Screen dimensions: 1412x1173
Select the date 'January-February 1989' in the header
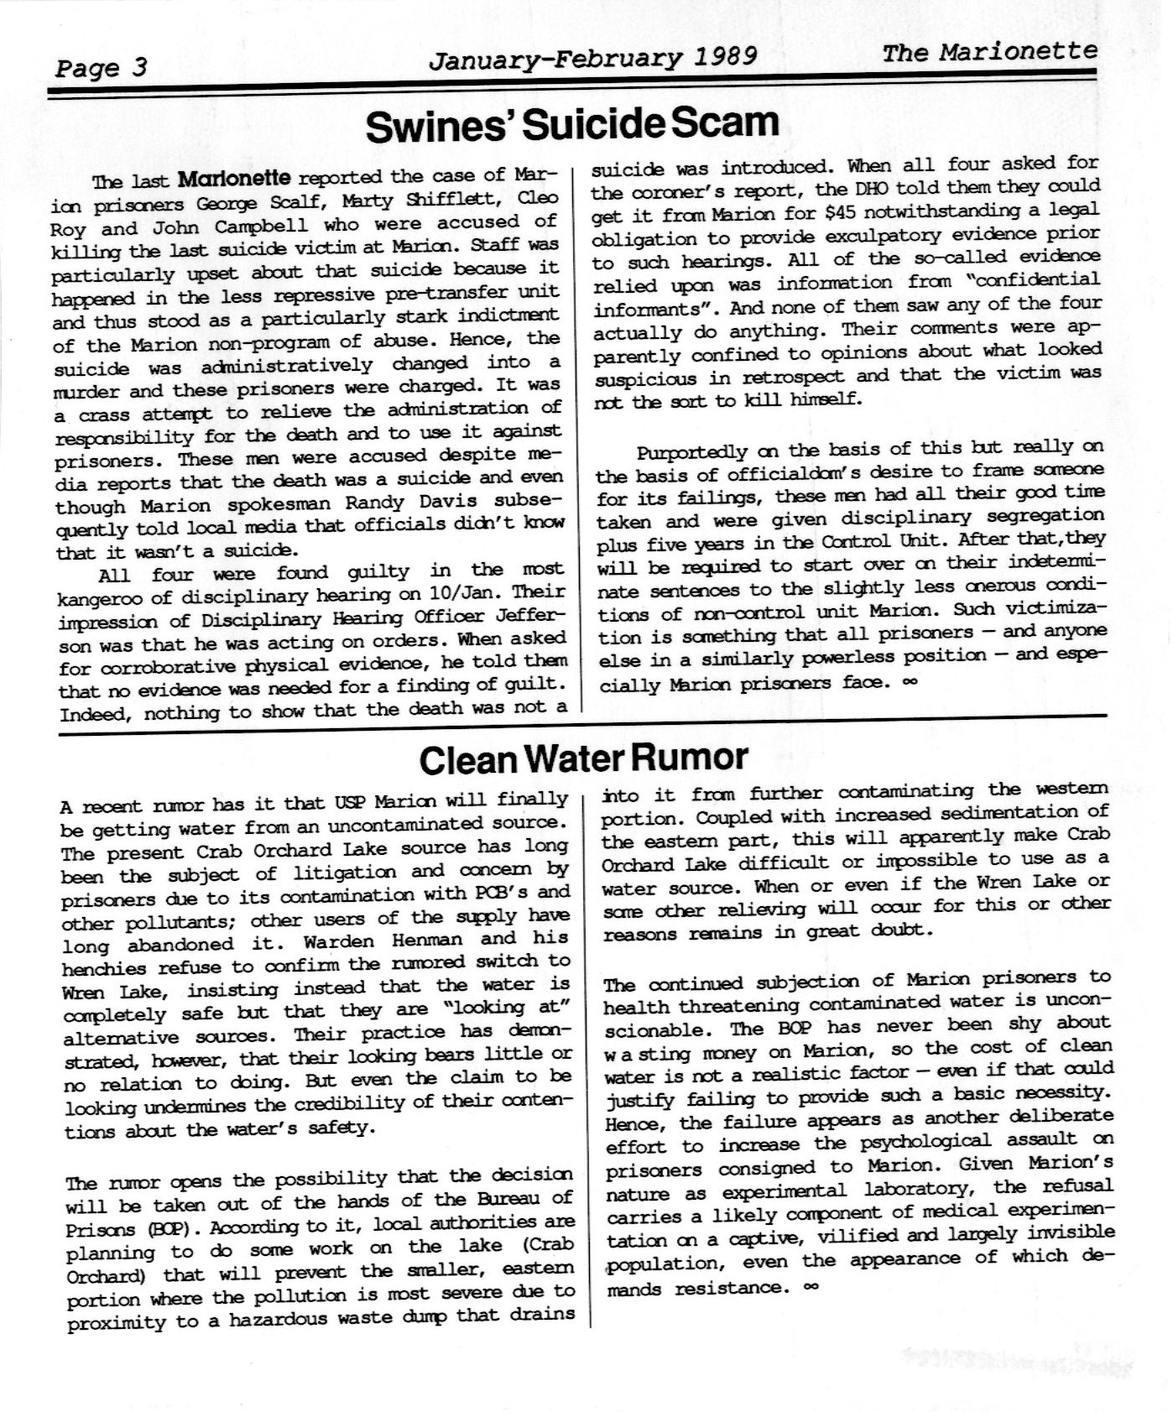point(592,57)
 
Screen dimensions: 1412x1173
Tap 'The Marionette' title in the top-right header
point(989,52)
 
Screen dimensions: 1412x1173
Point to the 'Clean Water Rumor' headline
point(583,758)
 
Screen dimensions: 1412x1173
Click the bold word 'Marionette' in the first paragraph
point(235,179)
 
